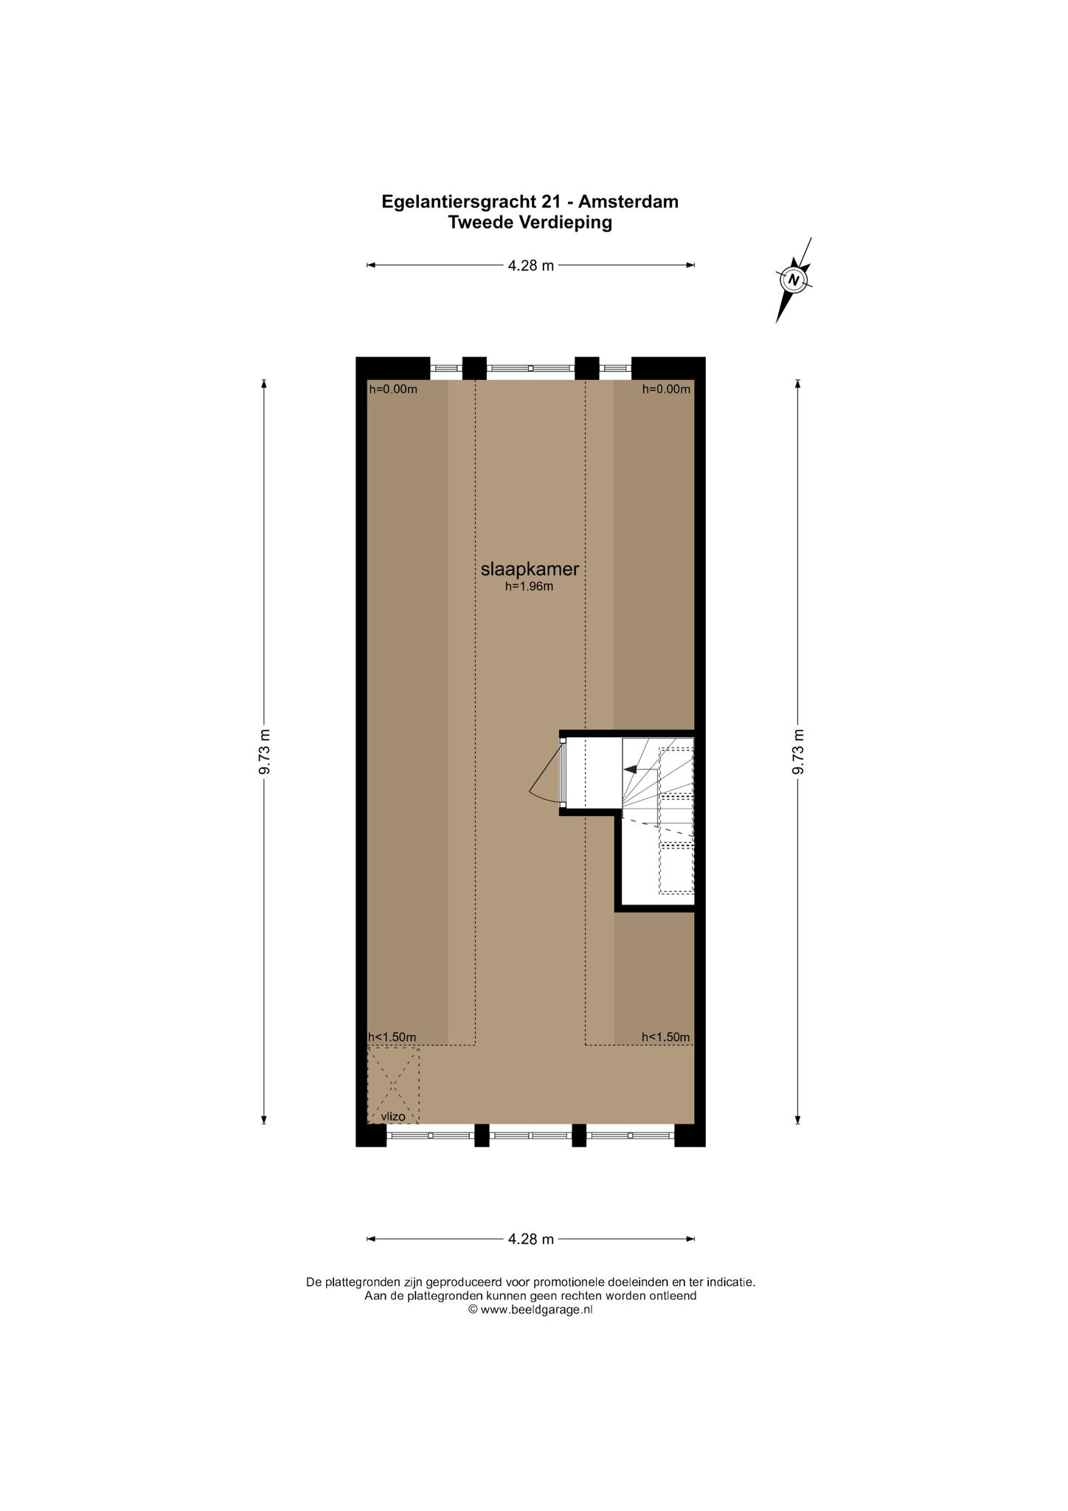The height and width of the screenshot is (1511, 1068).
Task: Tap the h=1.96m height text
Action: point(529,587)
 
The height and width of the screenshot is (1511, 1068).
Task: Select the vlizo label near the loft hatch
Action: point(393,1117)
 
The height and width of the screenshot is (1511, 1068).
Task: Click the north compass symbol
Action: point(794,280)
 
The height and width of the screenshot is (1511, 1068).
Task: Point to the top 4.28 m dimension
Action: point(530,266)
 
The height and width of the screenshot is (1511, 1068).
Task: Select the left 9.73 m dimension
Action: point(265,751)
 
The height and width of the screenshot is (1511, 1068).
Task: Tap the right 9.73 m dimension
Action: point(797,751)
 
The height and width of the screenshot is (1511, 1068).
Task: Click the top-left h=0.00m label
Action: point(393,390)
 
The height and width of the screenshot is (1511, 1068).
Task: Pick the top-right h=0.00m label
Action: point(666,390)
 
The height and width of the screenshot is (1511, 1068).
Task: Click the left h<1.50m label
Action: point(392,1037)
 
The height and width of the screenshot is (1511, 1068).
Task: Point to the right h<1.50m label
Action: point(666,1037)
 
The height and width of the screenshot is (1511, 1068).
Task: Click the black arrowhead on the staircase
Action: point(630,769)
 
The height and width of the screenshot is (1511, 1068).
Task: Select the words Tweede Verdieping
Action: point(530,222)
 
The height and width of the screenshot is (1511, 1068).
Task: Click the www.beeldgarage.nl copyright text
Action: point(530,1310)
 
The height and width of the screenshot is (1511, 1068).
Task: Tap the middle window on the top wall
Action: point(530,367)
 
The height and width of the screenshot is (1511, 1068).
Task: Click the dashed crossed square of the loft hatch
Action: point(393,1085)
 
